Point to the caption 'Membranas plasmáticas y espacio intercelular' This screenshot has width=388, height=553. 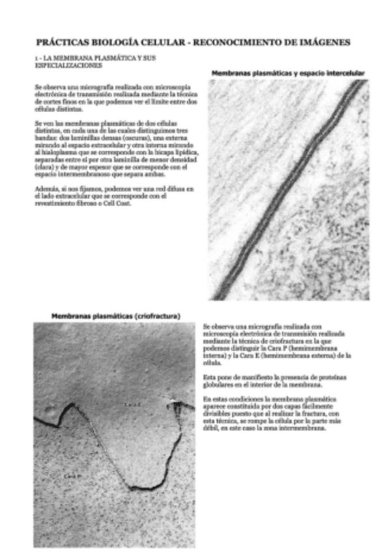tap(288, 72)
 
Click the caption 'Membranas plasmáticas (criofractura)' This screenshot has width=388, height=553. tap(116, 316)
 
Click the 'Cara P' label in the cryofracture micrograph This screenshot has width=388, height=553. tap(72, 477)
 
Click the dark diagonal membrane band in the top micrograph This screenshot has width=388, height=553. tap(287, 189)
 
